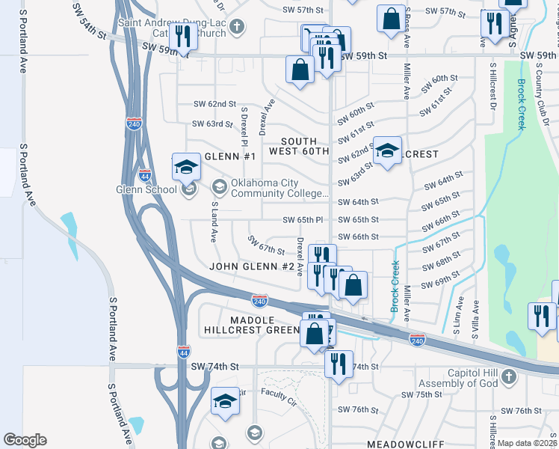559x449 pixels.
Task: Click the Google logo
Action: [25, 440]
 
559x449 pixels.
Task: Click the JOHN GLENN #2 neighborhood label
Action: [252, 266]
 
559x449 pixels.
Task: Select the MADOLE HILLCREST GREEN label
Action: [252, 324]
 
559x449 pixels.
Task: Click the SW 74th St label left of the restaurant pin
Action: [214, 367]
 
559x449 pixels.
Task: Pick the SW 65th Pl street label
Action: [302, 220]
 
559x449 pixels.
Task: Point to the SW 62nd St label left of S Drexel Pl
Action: [214, 104]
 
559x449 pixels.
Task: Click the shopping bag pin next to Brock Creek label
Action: [353, 284]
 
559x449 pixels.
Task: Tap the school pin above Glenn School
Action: [186, 167]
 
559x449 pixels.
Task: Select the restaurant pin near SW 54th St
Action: [182, 34]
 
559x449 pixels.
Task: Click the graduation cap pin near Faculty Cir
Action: [225, 401]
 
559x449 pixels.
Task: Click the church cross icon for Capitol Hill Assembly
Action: [510, 377]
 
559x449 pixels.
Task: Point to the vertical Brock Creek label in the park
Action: [522, 105]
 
